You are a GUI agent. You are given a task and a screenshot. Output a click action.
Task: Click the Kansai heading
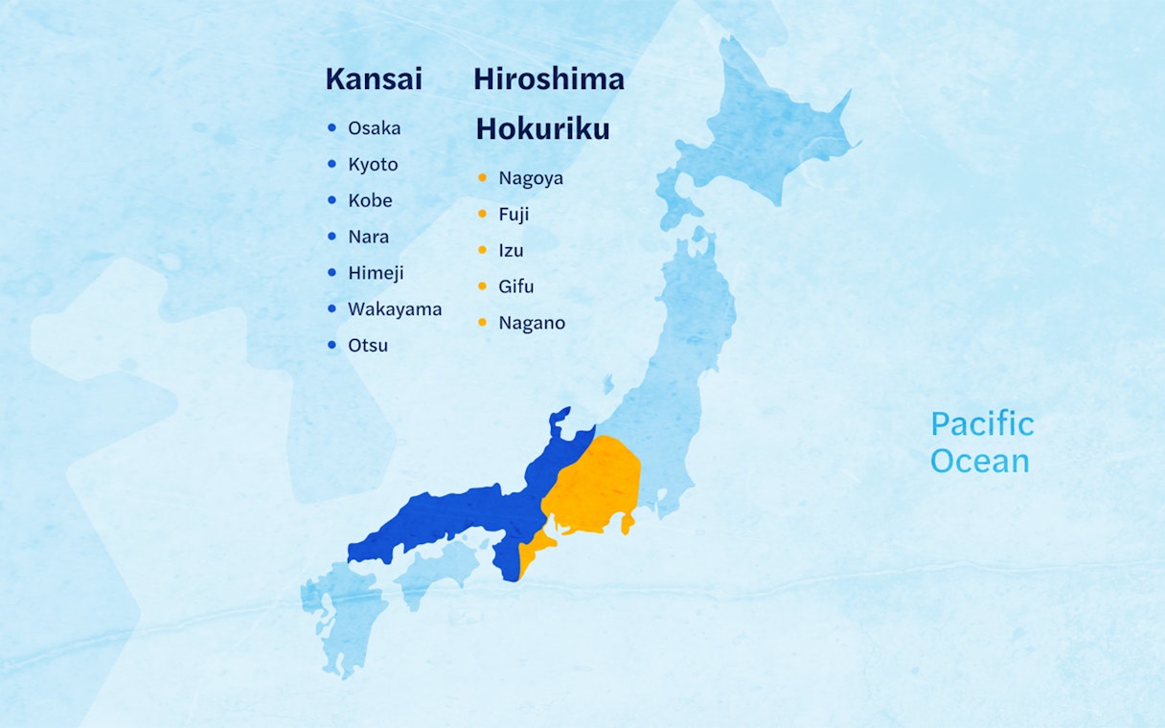tap(374, 80)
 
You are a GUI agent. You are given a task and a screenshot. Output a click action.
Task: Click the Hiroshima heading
tap(548, 80)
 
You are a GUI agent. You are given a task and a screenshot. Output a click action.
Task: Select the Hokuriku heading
tap(542, 129)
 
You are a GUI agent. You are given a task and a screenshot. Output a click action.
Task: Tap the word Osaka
tap(375, 128)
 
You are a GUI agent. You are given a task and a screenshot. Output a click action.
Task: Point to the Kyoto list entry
tap(373, 165)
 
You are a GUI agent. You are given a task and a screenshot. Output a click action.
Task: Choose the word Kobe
tap(370, 201)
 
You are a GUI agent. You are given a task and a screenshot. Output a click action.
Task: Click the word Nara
tap(369, 237)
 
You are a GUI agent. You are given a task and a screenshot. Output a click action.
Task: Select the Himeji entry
tap(376, 273)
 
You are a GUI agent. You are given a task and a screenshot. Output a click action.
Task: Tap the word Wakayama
tap(395, 309)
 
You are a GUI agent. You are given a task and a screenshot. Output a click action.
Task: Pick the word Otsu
tap(368, 346)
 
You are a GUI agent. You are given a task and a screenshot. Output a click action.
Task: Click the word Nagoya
tap(531, 178)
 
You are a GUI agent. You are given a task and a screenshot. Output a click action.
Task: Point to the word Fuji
tap(514, 215)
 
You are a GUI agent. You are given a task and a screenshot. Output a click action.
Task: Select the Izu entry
tap(511, 251)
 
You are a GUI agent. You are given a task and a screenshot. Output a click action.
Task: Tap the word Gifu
tap(516, 286)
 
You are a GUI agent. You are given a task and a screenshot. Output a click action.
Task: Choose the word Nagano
tap(532, 323)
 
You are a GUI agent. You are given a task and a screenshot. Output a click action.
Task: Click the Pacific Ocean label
tap(982, 443)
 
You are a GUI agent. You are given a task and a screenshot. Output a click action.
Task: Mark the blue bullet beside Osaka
tap(331, 127)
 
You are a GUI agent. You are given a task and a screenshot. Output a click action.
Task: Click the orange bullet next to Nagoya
tap(482, 177)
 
